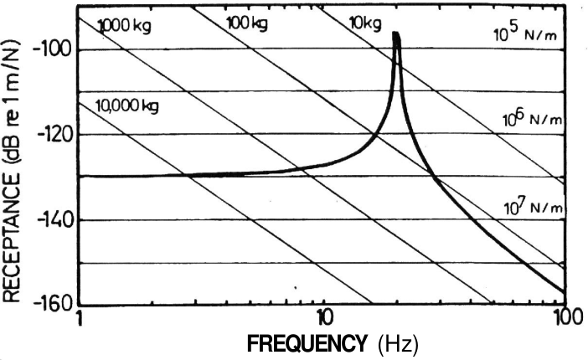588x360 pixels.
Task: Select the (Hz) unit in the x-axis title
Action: click(x=398, y=344)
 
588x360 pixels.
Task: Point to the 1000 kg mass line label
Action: click(x=125, y=24)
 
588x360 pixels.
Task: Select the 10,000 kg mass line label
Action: click(x=128, y=105)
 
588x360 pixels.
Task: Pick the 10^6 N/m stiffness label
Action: click(x=531, y=120)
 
